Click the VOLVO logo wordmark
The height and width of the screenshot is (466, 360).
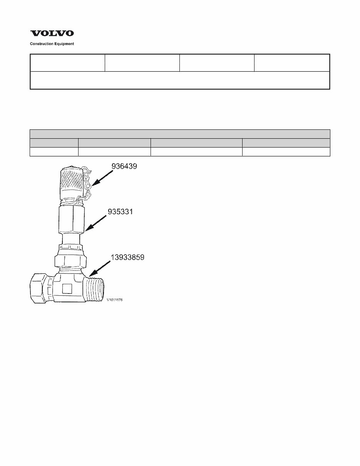tap(52, 34)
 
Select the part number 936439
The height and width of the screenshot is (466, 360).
tap(124, 167)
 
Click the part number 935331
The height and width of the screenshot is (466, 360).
tap(120, 212)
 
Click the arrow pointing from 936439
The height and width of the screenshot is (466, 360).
tap(102, 179)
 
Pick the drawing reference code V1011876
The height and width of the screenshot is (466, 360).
tap(115, 300)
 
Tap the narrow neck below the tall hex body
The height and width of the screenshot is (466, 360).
tap(70, 238)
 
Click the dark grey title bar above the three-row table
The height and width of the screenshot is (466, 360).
tap(180, 134)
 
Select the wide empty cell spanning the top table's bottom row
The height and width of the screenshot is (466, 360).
tap(180, 80)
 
